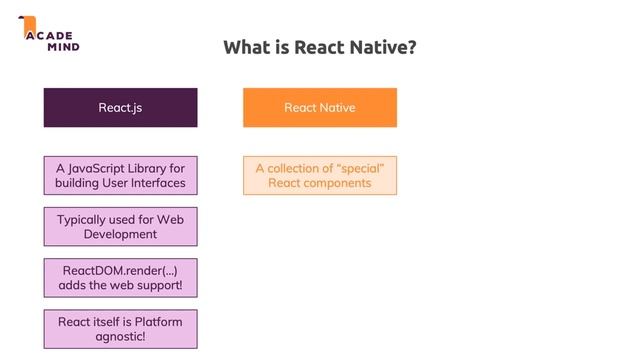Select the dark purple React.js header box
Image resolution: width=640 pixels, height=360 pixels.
[x=120, y=107]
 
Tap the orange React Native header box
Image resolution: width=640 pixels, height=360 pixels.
[x=319, y=107]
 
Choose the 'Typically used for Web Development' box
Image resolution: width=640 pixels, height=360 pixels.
[x=120, y=226]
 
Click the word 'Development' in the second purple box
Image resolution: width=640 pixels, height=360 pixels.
[x=120, y=234]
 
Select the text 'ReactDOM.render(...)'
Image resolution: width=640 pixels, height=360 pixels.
[x=120, y=270]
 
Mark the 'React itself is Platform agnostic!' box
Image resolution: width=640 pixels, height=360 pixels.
[x=120, y=329]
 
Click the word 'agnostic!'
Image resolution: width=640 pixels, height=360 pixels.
[x=120, y=337]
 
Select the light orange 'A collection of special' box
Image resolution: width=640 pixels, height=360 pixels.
[x=319, y=175]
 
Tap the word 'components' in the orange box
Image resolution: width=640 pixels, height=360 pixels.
[x=340, y=183]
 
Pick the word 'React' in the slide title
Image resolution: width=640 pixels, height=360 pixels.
[x=318, y=47]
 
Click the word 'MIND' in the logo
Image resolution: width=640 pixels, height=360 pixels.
[x=61, y=47]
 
